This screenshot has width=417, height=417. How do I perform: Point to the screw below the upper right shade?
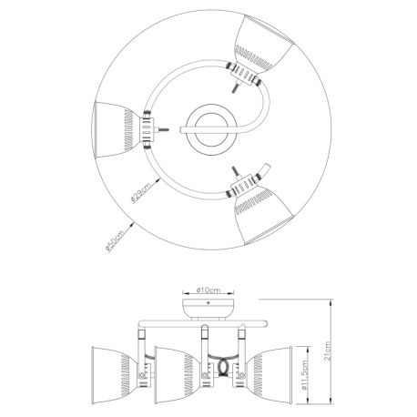(238, 88)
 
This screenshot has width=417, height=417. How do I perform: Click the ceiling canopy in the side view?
(208, 304)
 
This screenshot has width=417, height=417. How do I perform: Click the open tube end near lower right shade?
(265, 168)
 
